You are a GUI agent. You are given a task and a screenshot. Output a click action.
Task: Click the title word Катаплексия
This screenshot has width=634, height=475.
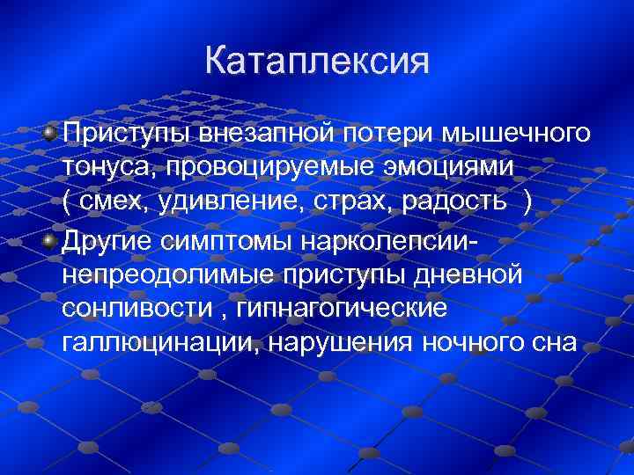point(317,62)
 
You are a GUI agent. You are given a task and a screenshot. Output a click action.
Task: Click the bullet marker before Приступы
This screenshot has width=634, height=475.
point(51,133)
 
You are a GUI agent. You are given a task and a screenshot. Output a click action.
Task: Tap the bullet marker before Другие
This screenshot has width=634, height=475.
point(51,239)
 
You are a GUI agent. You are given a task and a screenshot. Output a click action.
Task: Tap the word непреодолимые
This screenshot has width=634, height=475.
point(168,274)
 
